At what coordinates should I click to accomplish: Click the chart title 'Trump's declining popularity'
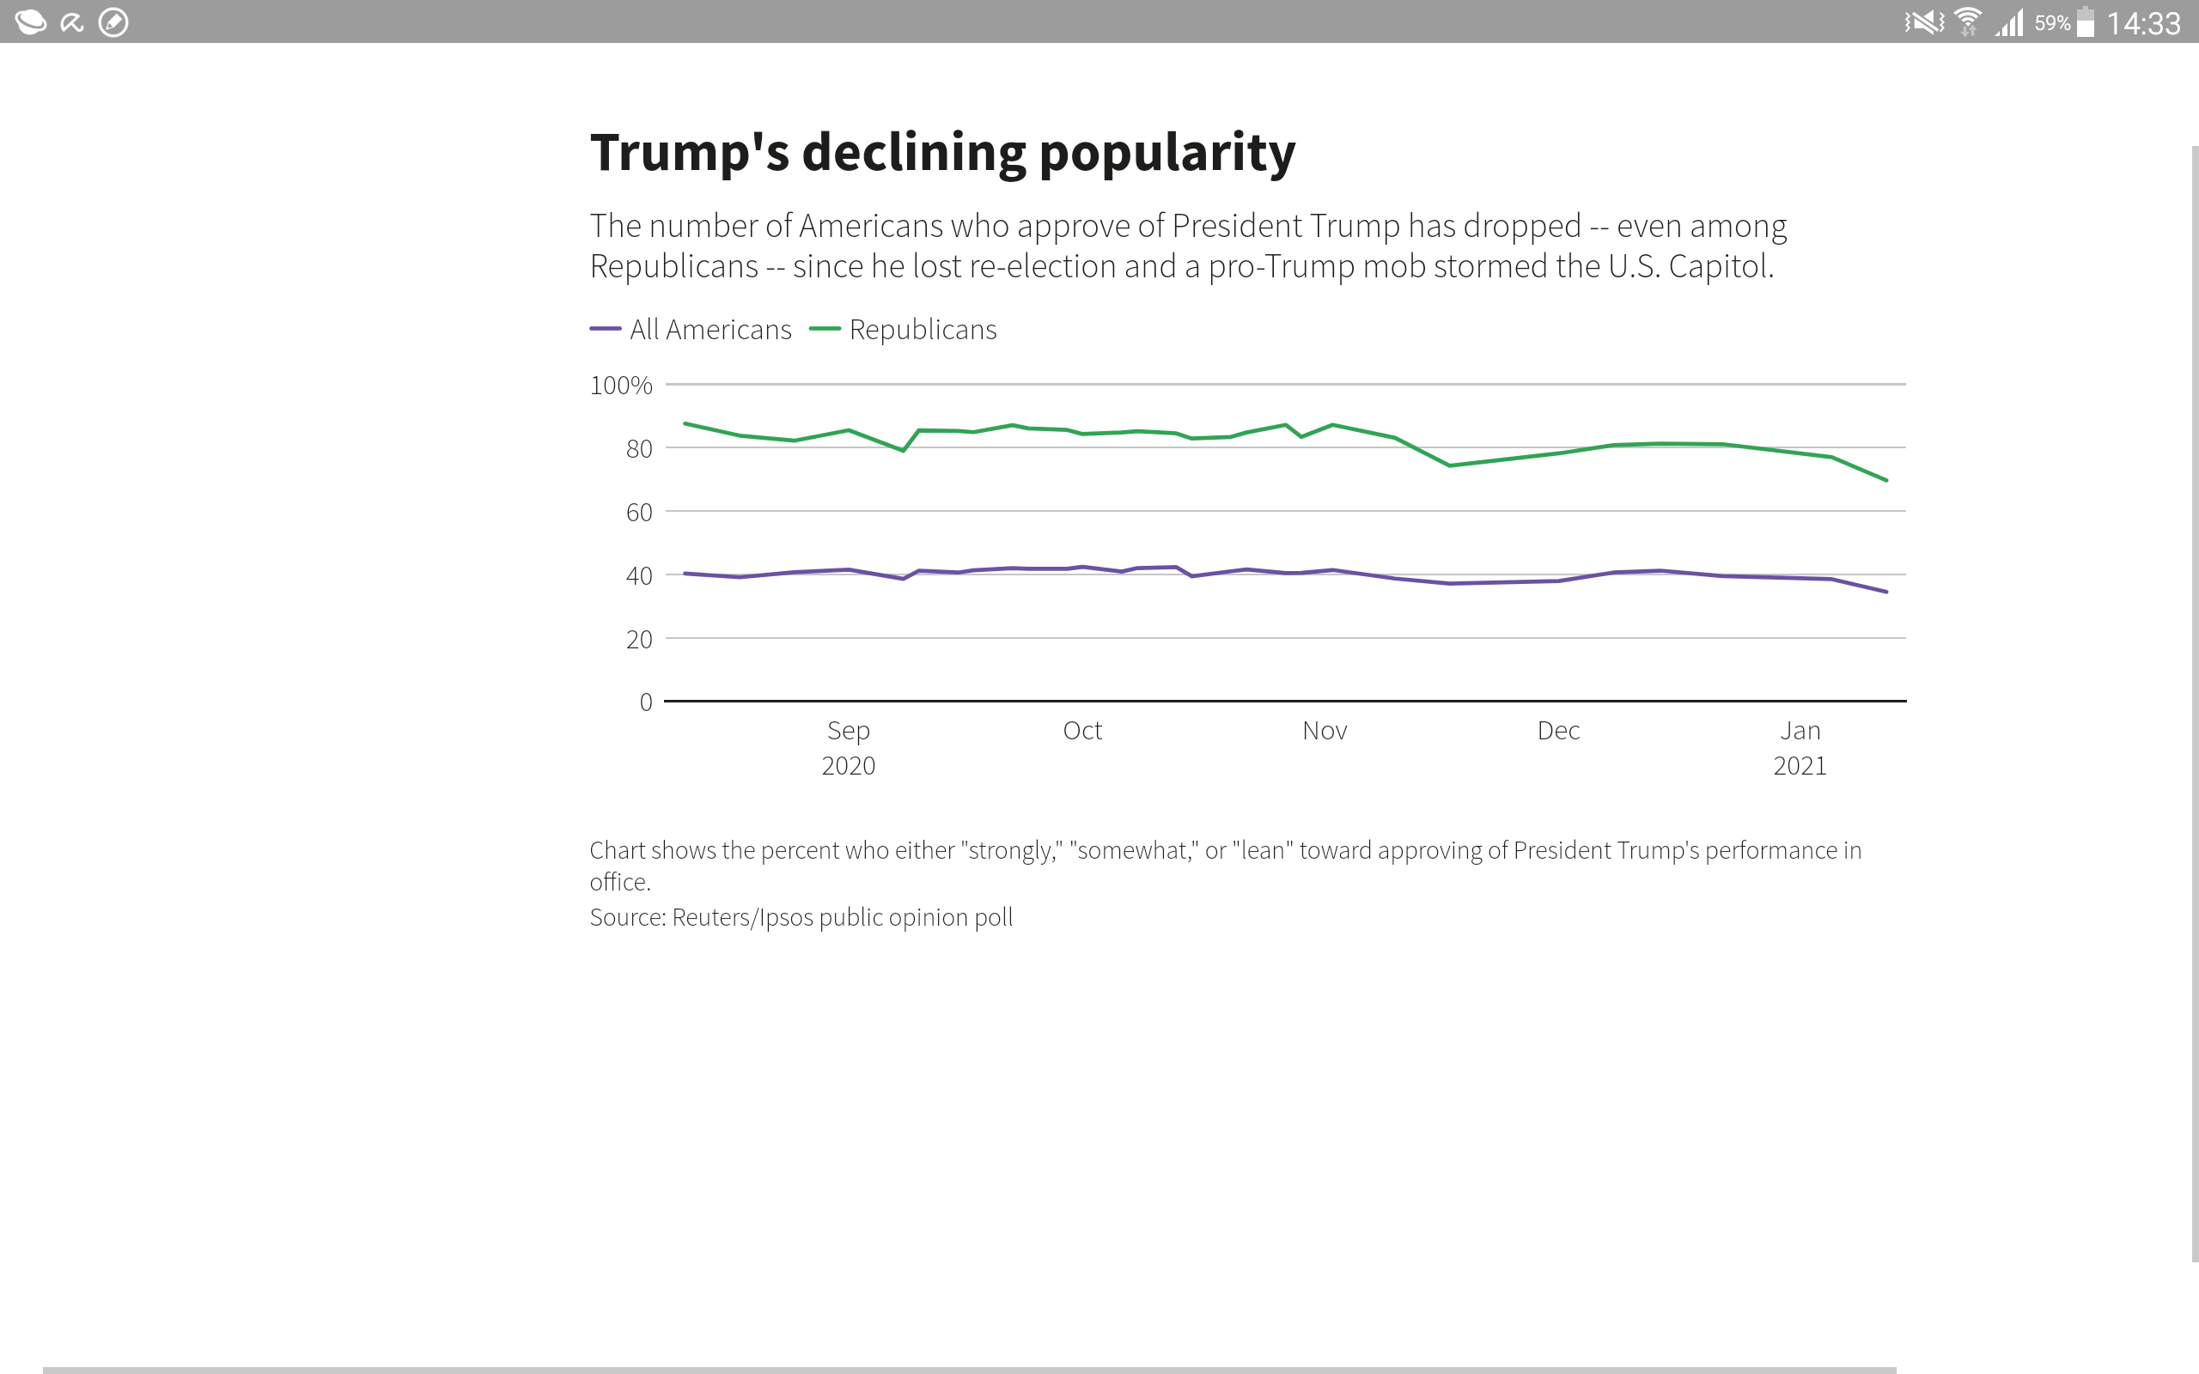point(942,153)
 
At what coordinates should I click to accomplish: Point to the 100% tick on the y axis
point(621,386)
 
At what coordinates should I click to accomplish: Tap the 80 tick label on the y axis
point(639,449)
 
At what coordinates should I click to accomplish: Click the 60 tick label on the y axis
point(639,513)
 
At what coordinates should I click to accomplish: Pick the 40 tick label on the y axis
point(639,576)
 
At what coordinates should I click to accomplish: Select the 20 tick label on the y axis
point(639,640)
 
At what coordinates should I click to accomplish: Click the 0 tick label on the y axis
point(645,702)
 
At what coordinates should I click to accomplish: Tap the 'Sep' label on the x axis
point(848,731)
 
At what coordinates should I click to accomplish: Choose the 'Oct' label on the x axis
point(1082,731)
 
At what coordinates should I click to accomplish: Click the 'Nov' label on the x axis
point(1324,731)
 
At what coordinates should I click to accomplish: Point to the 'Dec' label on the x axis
point(1558,731)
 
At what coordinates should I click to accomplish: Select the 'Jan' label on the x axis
point(1800,731)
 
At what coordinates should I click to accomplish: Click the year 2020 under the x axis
point(848,766)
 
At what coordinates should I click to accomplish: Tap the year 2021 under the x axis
point(1800,766)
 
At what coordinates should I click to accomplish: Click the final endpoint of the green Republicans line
point(1886,480)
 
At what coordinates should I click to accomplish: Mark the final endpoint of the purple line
point(1886,592)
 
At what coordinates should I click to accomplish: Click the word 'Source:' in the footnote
point(628,918)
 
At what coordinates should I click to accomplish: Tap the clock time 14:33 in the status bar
point(2143,22)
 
